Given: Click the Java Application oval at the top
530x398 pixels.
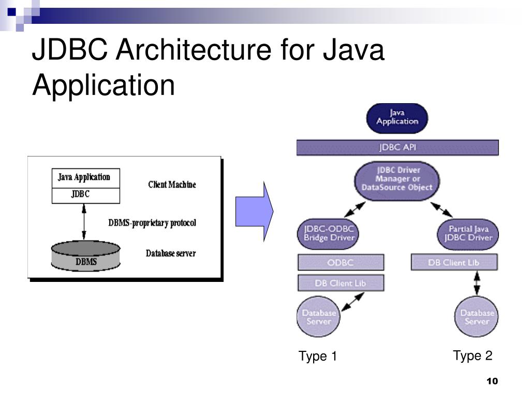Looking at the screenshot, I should pos(397,118).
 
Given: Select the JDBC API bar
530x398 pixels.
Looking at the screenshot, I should pos(397,147).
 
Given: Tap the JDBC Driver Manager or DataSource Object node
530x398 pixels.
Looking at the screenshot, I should pos(397,179).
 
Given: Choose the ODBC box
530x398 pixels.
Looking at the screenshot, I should pos(341,262).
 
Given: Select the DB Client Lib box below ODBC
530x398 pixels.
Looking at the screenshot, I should pos(341,283).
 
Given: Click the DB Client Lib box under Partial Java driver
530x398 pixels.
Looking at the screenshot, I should pos(454,262).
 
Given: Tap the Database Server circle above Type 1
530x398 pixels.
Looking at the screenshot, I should pos(319,317).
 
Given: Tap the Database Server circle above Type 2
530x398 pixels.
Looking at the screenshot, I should pos(477,317).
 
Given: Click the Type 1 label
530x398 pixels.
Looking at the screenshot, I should pos(318,357).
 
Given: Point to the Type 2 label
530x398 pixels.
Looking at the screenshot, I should pos(473,356).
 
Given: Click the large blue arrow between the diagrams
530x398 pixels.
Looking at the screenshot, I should pos(254,211).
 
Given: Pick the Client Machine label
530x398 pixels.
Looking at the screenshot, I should pos(172,184).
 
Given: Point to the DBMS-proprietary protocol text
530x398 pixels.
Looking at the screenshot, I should pos(152,223).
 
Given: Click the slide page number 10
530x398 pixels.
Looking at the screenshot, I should pos(492,381).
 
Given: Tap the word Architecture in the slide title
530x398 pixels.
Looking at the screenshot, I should pos(194,51).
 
